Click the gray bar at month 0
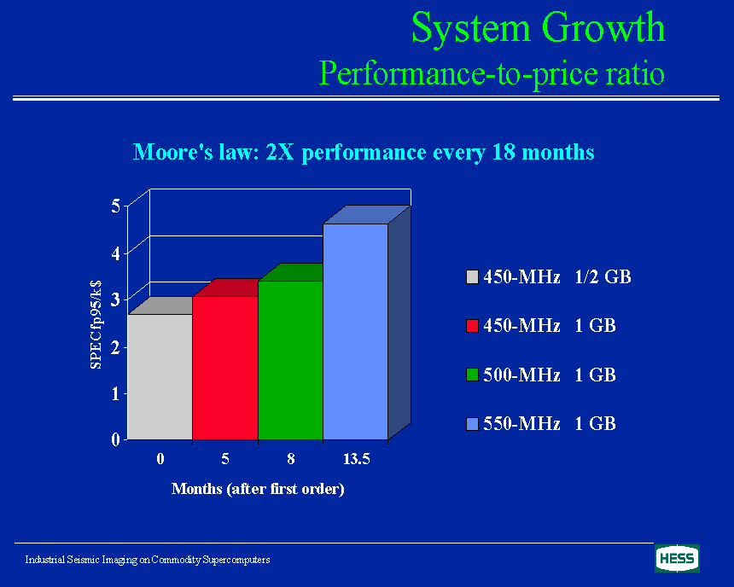[160, 377]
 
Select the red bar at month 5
[225, 368]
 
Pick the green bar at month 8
[291, 360]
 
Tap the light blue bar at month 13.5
[356, 332]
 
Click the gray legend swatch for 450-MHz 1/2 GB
[472, 276]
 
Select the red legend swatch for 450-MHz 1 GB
[472, 326]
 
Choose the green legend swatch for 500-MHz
[472, 375]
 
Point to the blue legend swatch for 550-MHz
[472, 424]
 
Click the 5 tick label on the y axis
[116, 206]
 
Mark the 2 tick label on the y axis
[116, 347]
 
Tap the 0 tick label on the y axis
[116, 439]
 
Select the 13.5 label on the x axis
[356, 459]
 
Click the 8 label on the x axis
[291, 459]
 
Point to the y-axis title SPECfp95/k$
[96, 324]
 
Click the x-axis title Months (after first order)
[258, 489]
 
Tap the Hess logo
[677, 559]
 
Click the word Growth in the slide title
[603, 27]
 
